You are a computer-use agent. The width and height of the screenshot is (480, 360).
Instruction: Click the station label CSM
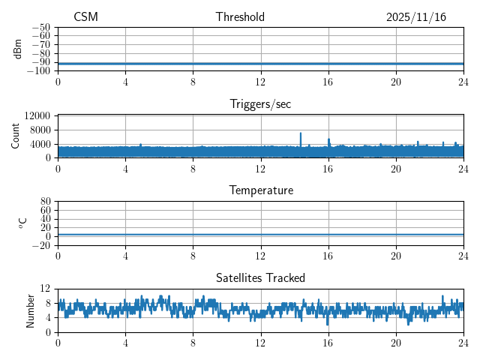tap(85, 17)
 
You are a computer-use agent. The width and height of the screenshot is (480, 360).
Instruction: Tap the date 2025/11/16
tap(416, 17)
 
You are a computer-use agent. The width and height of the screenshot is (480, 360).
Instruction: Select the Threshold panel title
tap(240, 17)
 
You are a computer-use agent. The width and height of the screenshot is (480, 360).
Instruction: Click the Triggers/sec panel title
tap(260, 104)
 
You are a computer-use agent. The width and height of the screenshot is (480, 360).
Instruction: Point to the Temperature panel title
tap(260, 190)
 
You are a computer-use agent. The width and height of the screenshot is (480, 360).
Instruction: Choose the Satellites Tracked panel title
tap(260, 277)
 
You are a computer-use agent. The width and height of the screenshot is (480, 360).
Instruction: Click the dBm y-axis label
tap(18, 49)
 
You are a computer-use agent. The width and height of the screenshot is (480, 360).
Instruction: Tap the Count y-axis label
tap(16, 136)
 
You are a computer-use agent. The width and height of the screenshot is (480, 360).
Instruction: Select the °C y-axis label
tap(22, 223)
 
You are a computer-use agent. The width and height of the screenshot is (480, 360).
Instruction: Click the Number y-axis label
tap(31, 310)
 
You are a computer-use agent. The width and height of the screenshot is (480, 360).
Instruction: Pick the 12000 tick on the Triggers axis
tap(37, 115)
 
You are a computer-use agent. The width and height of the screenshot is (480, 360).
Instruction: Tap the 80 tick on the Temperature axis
tap(45, 202)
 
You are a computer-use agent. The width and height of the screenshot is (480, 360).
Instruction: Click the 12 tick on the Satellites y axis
tap(45, 289)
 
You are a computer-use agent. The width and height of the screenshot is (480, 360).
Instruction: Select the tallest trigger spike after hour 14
tap(301, 133)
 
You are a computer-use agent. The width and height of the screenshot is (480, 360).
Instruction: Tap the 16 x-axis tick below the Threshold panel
tap(328, 80)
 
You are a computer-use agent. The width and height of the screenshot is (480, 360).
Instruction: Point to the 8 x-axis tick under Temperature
tap(193, 255)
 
